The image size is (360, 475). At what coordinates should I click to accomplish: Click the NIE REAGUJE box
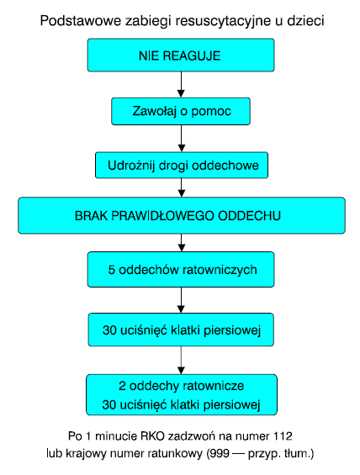181,55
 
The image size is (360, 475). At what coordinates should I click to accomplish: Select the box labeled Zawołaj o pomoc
181,111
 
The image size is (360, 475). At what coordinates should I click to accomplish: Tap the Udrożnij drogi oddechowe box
182,165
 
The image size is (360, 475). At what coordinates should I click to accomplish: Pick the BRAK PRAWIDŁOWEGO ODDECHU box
182,215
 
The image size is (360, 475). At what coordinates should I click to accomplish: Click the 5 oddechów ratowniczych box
181,269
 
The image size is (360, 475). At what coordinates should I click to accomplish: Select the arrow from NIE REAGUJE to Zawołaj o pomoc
181,85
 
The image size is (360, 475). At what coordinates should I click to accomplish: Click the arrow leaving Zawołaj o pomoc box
181,139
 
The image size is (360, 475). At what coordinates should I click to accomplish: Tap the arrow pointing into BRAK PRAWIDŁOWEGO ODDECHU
181,187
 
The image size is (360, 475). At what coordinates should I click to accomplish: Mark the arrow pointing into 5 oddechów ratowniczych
181,243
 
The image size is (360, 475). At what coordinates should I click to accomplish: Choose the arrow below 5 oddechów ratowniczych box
181,300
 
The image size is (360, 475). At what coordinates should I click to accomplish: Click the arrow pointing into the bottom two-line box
181,360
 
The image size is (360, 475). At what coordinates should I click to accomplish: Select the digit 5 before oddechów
112,270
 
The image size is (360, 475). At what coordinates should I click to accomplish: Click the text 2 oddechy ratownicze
181,386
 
